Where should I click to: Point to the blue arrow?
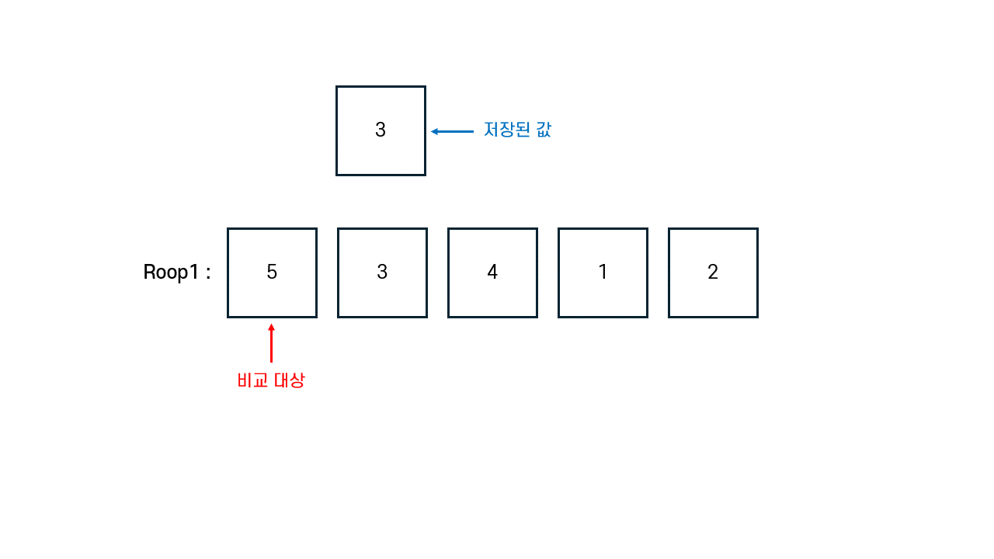pos(453,131)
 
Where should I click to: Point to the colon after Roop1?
pos(208,273)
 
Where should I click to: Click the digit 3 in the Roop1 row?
pos(382,273)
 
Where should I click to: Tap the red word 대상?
pos(289,380)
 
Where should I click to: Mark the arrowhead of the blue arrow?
pos(435,131)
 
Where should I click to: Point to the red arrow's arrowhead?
pos(271,328)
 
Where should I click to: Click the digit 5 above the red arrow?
pos(272,273)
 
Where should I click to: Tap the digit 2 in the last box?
pos(713,273)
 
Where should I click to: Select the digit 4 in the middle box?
pos(492,273)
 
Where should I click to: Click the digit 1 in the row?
pos(603,273)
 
